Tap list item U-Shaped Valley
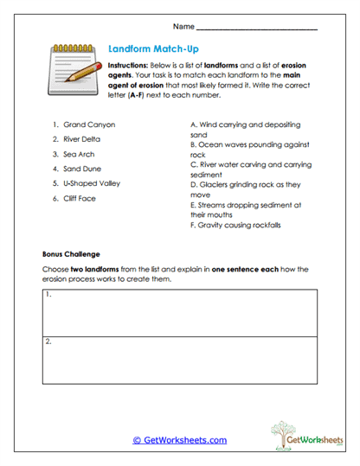click(x=92, y=183)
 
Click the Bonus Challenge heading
click(x=72, y=255)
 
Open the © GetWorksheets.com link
click(x=179, y=440)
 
